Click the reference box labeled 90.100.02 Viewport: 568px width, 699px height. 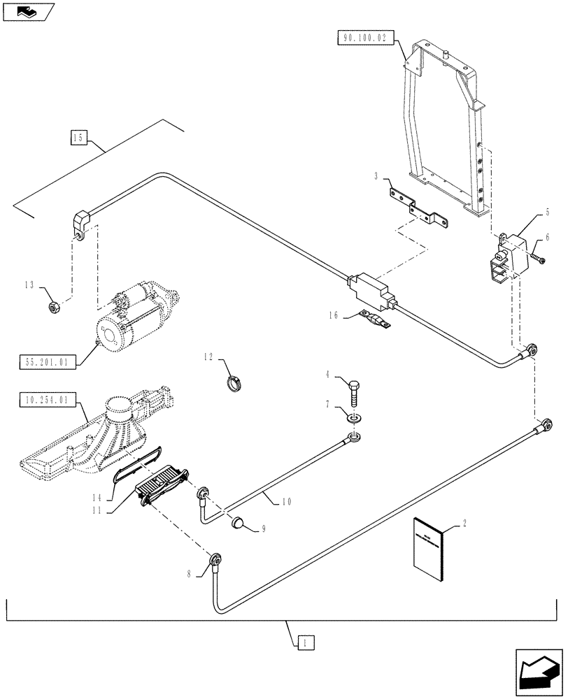[365, 38]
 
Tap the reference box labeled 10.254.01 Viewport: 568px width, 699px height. [45, 401]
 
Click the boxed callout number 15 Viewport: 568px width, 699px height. [78, 138]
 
